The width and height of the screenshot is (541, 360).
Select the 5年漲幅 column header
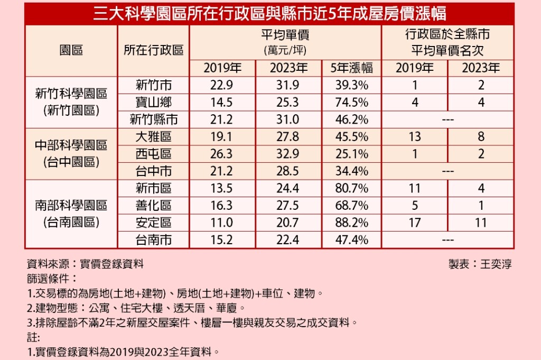tap(352, 68)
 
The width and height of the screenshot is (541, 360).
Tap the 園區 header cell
tap(71, 50)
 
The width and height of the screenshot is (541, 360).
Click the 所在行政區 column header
tap(153, 50)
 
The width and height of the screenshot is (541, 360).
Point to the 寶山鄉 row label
tap(153, 102)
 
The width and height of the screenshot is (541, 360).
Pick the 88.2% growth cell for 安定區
tap(352, 223)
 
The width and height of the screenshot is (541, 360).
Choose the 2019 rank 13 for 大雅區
tap(415, 137)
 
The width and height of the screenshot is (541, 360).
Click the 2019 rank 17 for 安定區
tap(415, 223)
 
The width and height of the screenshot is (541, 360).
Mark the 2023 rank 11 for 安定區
tap(481, 223)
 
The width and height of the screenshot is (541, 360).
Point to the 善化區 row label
tap(153, 206)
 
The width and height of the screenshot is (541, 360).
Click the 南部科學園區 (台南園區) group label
tap(71, 214)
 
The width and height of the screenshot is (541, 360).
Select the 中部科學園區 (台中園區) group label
tap(71, 153)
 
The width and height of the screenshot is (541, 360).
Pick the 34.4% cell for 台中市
tap(352, 171)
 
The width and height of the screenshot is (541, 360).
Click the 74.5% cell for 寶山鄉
tap(352, 102)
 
